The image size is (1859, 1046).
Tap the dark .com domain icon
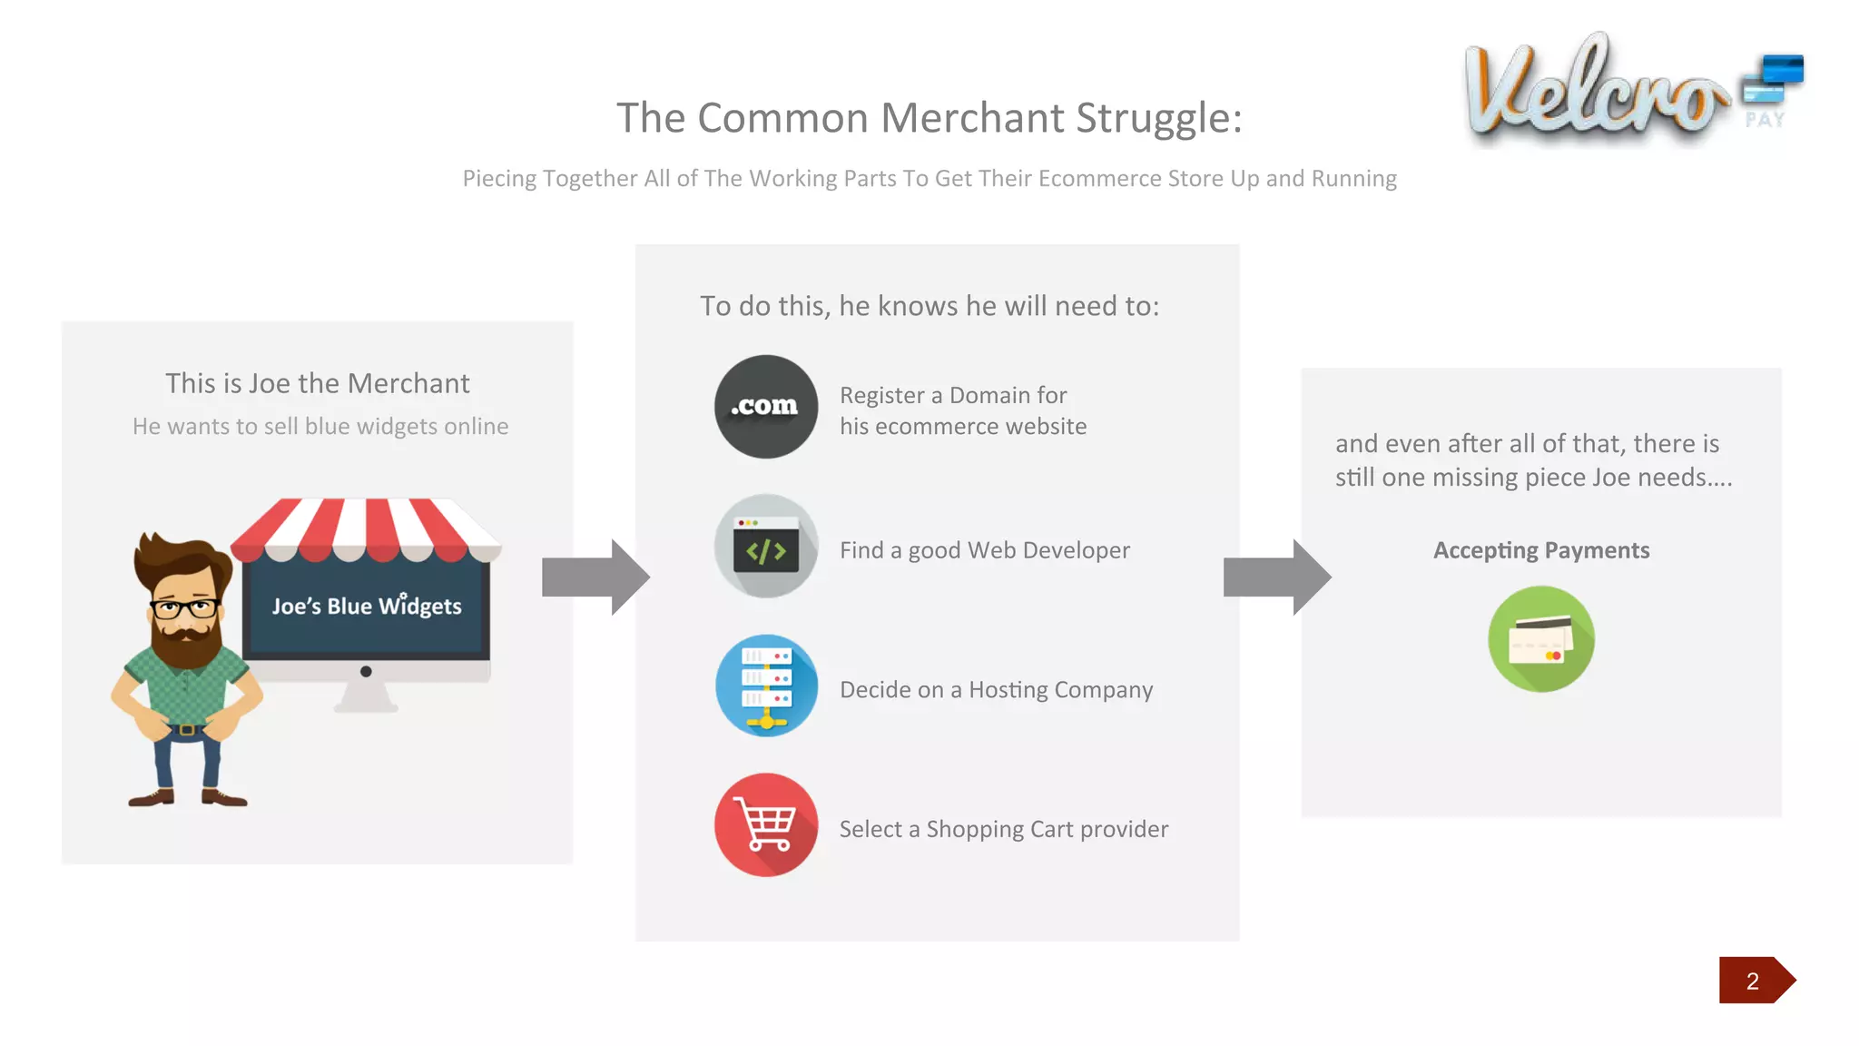pyautogui.click(x=766, y=407)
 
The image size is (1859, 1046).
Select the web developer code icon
pyautogui.click(x=766, y=547)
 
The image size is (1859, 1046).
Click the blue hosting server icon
pyautogui.click(x=766, y=686)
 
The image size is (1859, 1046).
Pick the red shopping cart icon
pyautogui.click(x=766, y=825)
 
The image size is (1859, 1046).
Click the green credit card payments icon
pyautogui.click(x=1541, y=639)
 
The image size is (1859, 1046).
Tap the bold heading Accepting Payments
pyautogui.click(x=1541, y=550)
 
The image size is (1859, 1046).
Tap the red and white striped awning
pyautogui.click(x=366, y=528)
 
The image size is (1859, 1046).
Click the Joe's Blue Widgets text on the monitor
pyautogui.click(x=367, y=606)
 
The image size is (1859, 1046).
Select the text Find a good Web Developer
pyautogui.click(x=985, y=550)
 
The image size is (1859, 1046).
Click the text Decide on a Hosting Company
pyautogui.click(x=996, y=690)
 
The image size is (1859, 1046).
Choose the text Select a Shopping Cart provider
pyautogui.click(x=1003, y=829)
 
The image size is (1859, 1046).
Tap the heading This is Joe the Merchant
pyautogui.click(x=318, y=383)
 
